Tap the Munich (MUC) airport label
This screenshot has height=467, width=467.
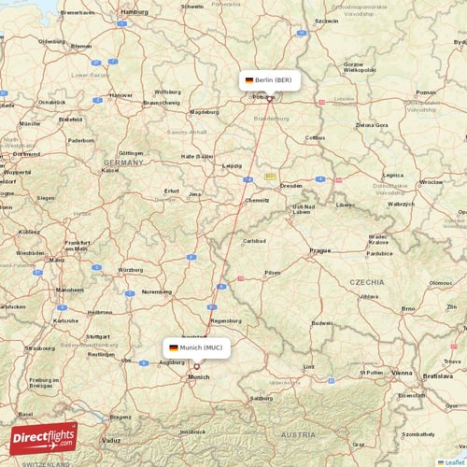tap(201, 347)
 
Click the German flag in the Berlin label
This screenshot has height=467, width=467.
tap(249, 81)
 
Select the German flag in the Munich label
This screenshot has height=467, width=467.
tap(174, 347)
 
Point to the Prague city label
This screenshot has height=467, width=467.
tap(320, 250)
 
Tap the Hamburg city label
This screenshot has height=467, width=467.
tap(135, 12)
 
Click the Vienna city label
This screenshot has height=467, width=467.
tap(402, 372)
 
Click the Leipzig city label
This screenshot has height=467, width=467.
tap(233, 165)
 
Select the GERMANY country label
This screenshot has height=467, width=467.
tap(123, 162)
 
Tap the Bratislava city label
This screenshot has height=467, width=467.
tap(436, 375)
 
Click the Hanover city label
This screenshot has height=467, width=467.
tap(122, 94)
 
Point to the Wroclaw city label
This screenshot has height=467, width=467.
tap(432, 182)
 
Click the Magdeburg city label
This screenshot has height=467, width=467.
tap(205, 112)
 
